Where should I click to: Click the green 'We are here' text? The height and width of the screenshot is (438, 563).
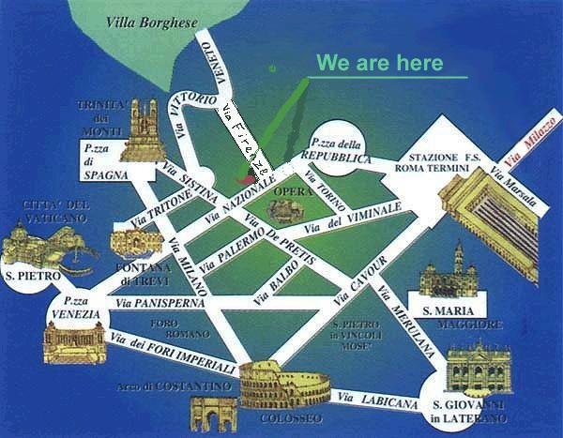click(378, 63)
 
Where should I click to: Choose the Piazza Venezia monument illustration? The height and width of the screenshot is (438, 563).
click(72, 341)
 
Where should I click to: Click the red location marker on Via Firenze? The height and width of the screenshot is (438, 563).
click(245, 174)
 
